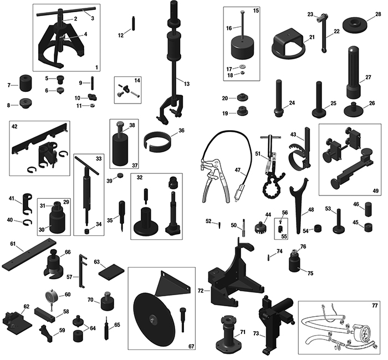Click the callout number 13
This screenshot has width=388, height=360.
coord(187,84)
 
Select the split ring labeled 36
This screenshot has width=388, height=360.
coord(157,141)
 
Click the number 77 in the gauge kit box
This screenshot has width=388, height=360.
coord(375,306)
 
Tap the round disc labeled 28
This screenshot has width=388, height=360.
coord(354,24)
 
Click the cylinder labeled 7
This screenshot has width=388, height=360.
coord(25,83)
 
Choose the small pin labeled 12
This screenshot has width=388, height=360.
coord(134,23)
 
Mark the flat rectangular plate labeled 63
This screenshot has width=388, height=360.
coord(111,272)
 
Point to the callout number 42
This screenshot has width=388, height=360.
coord(14,126)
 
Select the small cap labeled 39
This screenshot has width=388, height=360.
coord(120,176)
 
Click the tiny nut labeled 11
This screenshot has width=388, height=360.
coord(93,106)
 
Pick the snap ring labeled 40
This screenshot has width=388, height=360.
coord(28,223)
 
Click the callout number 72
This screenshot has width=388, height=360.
coord(201,291)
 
